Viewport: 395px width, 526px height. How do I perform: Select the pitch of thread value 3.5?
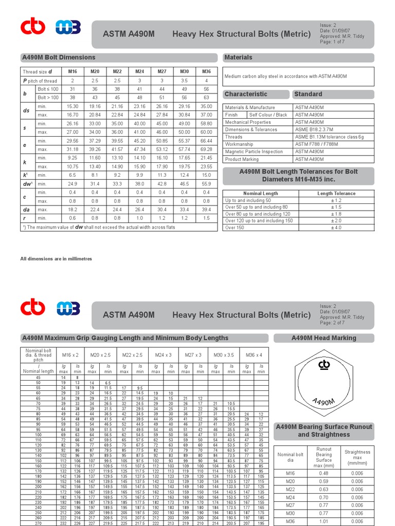coord(184,81)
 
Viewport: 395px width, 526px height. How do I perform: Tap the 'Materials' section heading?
coord(239,58)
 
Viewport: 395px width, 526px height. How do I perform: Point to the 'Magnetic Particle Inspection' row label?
coord(254,152)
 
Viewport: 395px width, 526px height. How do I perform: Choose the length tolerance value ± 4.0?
coord(336,228)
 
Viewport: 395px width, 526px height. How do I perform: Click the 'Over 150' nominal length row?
coord(235,228)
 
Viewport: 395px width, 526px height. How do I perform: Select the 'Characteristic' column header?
coord(246,95)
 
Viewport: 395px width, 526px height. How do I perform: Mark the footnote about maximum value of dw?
coord(98,227)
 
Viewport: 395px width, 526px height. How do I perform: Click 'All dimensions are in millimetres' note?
coord(56,259)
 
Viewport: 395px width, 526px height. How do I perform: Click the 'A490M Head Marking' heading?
coord(324,338)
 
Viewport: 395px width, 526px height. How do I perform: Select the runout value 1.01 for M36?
coord(324,521)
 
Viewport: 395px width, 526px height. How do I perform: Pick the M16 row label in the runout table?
coord(291,474)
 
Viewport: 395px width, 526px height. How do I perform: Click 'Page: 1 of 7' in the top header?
coord(332,42)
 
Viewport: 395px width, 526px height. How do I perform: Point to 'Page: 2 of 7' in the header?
coord(332,323)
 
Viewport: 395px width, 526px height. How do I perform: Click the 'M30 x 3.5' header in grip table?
coord(224,355)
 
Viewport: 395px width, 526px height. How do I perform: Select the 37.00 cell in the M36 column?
coord(206,115)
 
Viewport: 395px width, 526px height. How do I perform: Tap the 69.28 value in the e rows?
coord(206,149)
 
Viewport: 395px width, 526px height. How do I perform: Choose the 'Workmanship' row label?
coord(240,144)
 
